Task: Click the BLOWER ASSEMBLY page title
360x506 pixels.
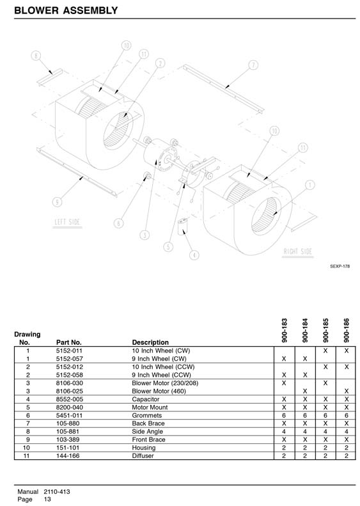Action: click(x=66, y=10)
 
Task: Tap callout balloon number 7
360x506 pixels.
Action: click(x=253, y=65)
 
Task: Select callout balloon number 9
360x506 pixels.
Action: click(x=57, y=202)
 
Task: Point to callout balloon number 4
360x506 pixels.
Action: click(x=194, y=255)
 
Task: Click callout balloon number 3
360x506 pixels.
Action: click(x=145, y=235)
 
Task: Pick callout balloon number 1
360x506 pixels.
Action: click(x=310, y=185)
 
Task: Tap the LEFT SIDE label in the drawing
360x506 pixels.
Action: click(x=67, y=222)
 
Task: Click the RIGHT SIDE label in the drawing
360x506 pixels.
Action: click(x=298, y=251)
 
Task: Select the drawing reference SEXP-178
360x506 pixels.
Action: click(x=340, y=266)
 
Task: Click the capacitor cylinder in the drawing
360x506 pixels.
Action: click(x=184, y=227)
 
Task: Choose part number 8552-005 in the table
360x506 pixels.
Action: click(x=69, y=399)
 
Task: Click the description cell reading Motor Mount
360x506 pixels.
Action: click(x=150, y=407)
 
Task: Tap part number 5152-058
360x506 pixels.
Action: click(x=69, y=375)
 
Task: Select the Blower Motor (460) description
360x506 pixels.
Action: click(x=159, y=391)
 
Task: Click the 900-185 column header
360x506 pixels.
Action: click(x=325, y=330)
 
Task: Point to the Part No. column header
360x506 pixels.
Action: click(x=68, y=342)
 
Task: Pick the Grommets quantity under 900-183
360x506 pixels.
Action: click(x=284, y=415)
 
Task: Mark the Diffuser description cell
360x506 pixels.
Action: click(x=143, y=455)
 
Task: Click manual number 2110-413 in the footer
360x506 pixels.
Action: click(x=57, y=492)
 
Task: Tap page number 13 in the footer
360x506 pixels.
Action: click(x=47, y=499)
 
